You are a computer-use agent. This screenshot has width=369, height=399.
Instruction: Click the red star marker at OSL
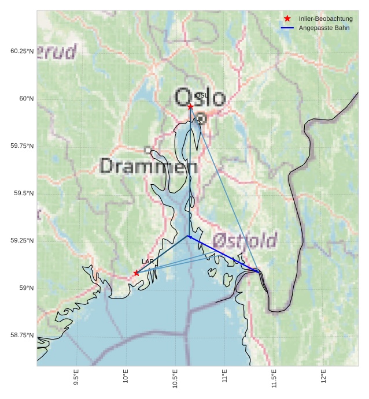click(190, 106)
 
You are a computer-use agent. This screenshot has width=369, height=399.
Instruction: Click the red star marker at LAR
click(136, 273)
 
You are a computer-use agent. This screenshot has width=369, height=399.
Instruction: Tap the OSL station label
click(201, 95)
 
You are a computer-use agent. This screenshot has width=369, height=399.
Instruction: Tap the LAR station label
click(147, 262)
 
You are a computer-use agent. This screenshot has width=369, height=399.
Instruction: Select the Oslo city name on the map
click(200, 98)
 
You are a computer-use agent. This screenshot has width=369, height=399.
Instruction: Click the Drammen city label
click(149, 166)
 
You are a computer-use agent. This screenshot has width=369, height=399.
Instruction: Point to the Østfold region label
click(245, 240)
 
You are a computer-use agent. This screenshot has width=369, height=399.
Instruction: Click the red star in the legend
click(287, 19)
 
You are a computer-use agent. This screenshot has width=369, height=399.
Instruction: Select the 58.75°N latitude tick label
click(20, 335)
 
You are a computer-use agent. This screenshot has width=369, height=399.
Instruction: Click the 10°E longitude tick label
click(126, 376)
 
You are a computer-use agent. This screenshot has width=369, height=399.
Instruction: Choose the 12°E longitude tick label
click(323, 376)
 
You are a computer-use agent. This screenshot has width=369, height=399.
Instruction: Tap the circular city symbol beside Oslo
click(201, 118)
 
